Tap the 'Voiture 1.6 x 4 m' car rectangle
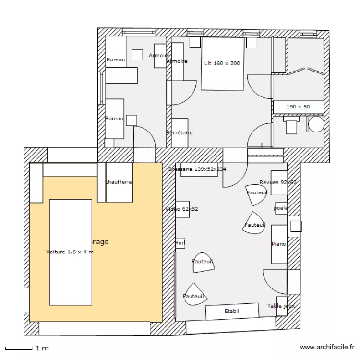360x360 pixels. [x=71, y=252]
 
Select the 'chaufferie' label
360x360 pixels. [x=118, y=182]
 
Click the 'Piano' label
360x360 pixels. [x=278, y=244]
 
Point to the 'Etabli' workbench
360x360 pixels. [x=232, y=312]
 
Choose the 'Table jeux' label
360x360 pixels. [x=281, y=306]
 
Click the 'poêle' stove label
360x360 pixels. [x=281, y=208]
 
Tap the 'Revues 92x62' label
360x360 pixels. [x=278, y=182]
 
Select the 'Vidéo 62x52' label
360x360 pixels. [x=181, y=209]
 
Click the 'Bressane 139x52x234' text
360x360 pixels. [x=197, y=169]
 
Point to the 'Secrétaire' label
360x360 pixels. [x=180, y=132]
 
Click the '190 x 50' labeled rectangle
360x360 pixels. [x=298, y=107]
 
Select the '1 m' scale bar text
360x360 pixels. [x=42, y=348]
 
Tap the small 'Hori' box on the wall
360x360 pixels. [x=180, y=243]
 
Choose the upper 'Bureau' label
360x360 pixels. [x=115, y=60]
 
